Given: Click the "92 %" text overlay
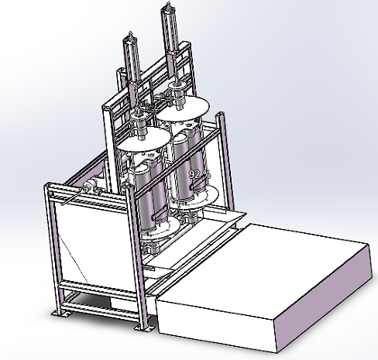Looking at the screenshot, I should (199, 174).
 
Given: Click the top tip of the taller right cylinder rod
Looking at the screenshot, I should (167, 7).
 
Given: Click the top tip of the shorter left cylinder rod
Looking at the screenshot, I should (130, 36).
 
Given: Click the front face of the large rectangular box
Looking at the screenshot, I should (217, 321).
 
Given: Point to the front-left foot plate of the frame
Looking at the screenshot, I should (58, 312).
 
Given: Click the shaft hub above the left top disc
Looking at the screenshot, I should (140, 124).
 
